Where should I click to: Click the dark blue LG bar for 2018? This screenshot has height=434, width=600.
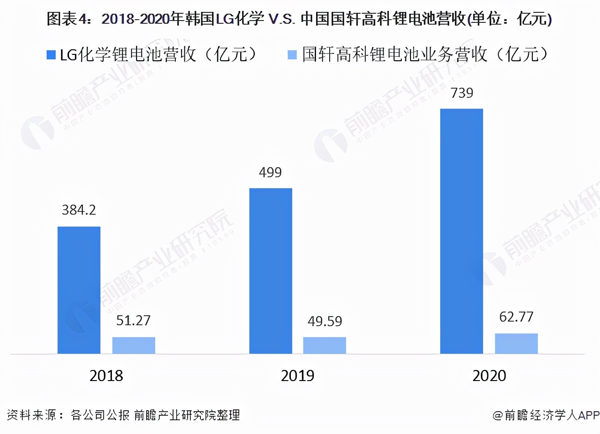(x=79, y=290)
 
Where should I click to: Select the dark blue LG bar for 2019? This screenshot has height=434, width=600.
(x=270, y=271)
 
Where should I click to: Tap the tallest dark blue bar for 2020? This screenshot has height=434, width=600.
(x=461, y=231)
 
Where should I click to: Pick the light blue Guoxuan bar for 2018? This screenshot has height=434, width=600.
(x=134, y=345)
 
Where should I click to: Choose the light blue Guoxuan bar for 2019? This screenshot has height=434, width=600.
(x=325, y=345)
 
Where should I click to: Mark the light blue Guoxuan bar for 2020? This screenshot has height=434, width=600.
(x=516, y=344)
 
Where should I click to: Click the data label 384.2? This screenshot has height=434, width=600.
(x=79, y=210)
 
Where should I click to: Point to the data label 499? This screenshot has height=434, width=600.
(x=270, y=172)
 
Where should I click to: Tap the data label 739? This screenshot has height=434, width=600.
(x=462, y=93)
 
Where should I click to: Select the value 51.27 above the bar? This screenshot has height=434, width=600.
(x=133, y=320)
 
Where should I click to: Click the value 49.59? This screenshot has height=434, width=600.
(x=325, y=321)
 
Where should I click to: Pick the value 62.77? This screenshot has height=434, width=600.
(x=516, y=317)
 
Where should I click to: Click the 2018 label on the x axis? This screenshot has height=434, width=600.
(x=106, y=376)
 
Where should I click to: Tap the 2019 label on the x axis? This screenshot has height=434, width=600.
(x=298, y=376)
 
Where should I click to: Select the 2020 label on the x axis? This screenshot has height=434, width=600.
(x=489, y=376)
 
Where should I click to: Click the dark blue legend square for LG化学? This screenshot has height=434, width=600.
(x=51, y=55)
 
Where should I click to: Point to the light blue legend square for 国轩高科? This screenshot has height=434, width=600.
(x=292, y=55)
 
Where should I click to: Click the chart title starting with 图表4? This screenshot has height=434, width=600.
(x=299, y=19)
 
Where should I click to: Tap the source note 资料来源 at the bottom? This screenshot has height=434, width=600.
(x=123, y=415)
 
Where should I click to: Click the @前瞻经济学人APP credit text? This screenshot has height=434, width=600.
(x=546, y=415)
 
